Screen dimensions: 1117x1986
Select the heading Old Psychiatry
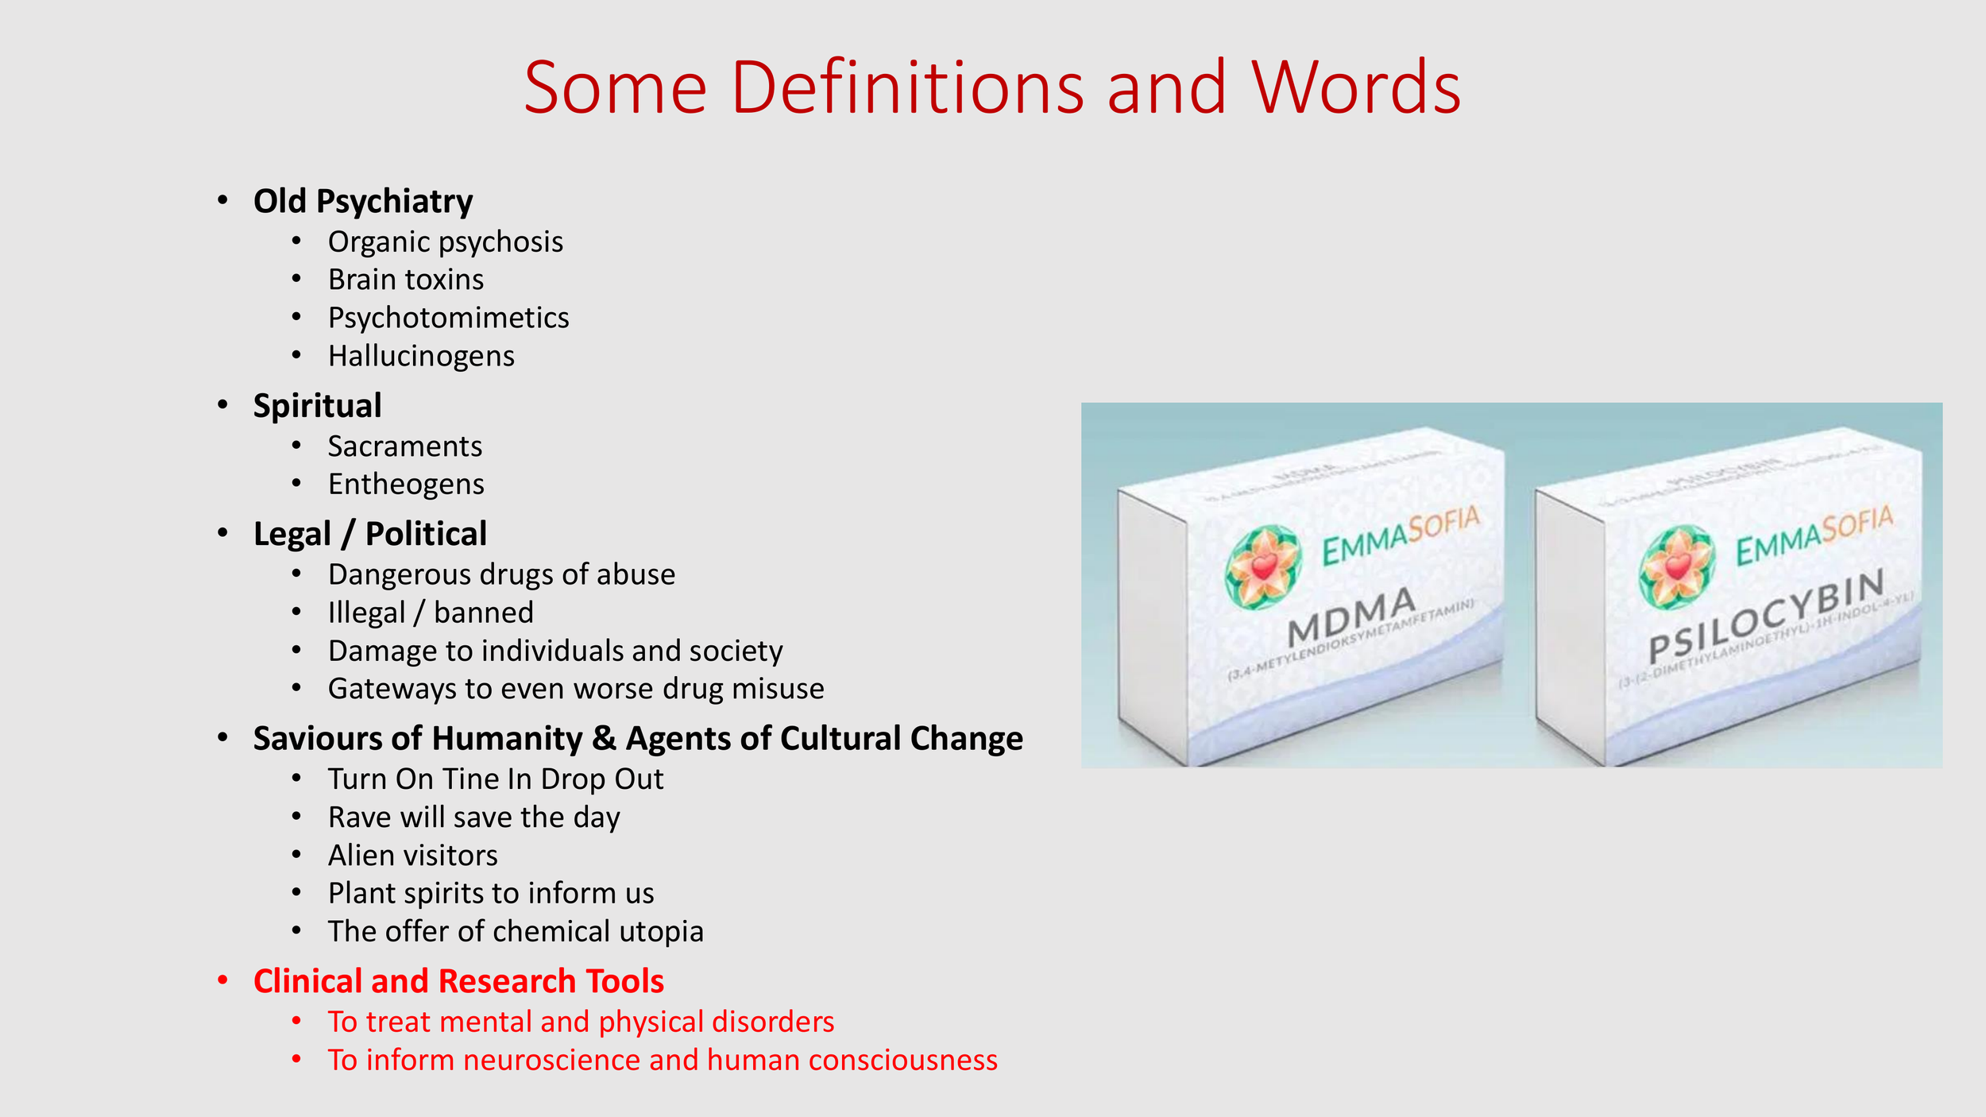coord(363,202)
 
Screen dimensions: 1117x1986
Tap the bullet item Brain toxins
coord(405,280)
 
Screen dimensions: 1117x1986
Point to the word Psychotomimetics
coord(448,318)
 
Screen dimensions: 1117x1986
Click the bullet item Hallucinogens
coord(421,356)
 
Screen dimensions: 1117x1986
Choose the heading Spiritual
coord(317,406)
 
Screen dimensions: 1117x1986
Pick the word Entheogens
coord(406,484)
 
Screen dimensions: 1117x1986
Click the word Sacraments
coord(404,446)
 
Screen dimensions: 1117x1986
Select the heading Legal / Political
coord(369,534)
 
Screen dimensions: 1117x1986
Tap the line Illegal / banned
coord(431,613)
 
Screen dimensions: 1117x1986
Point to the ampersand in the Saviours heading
coord(604,739)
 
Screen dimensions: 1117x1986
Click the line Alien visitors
coord(412,856)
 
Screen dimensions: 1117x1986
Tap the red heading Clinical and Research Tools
coord(458,982)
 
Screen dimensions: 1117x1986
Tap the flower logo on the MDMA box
coord(1262,566)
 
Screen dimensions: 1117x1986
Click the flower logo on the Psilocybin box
coord(1677,566)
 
